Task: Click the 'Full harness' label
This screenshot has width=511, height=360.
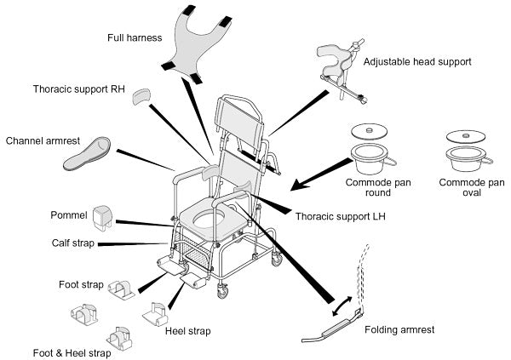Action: [135, 37]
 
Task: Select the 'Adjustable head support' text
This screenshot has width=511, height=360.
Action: [416, 63]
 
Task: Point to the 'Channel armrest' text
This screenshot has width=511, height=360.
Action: [43, 140]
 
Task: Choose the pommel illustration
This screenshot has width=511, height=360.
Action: [103, 217]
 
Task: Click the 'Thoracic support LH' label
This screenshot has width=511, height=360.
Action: [335, 217]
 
